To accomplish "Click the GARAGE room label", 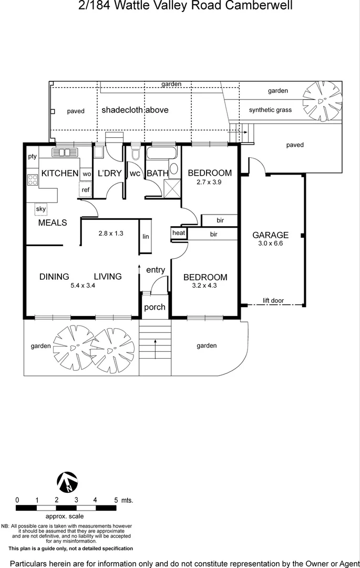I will pos(271,235).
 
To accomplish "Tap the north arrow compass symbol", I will pos(67,482).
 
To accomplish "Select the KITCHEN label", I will pos(59,174).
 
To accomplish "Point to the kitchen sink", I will pos(65,153).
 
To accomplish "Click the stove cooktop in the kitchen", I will pos(33,180).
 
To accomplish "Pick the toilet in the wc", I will pos(135,154).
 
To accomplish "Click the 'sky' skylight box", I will pos(41,209).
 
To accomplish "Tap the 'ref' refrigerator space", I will pos(85,189).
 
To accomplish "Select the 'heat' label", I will pos(179,233).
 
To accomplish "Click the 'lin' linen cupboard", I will pos(146,237).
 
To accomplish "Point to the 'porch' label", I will pos(155,307).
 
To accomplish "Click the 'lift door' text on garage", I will pos(273,301).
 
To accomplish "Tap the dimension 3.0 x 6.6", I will pos(271,244).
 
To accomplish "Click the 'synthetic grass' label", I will pos(270,110).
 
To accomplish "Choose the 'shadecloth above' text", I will pos(135,110).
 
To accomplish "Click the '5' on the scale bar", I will pos(116,500).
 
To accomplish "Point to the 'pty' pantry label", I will pos(33,156).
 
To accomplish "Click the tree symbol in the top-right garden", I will pos(322,100).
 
